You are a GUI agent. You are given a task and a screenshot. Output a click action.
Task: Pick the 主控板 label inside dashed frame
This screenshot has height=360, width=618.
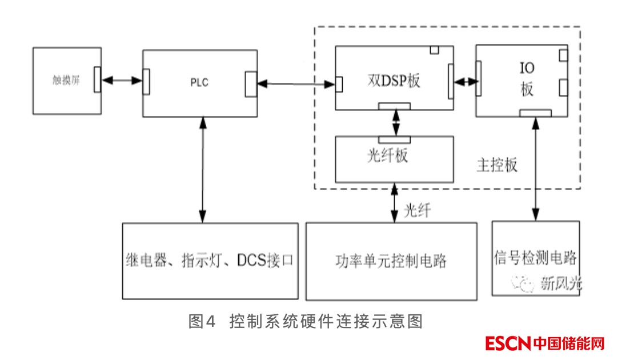coord(497,165)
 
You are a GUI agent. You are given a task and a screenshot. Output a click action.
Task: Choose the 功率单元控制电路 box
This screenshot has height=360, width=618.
coord(391,262)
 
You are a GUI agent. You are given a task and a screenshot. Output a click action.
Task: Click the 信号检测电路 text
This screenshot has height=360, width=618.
coord(535,258)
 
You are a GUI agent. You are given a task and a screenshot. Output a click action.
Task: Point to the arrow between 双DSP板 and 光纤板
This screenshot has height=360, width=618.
coord(395,122)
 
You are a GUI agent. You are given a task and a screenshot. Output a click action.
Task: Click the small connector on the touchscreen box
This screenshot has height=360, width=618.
coord(98,79)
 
